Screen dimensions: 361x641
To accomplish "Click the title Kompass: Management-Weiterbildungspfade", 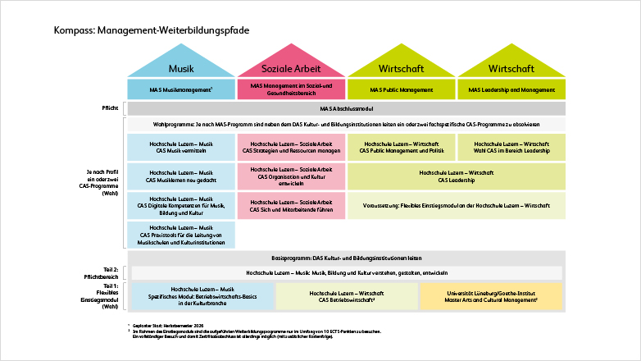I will point(152,30).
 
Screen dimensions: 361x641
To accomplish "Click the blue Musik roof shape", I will point(181,66).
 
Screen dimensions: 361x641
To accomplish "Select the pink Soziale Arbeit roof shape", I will point(291,66).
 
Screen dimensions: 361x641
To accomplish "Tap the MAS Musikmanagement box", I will point(181,89).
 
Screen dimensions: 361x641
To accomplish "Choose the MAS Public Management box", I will point(401,89).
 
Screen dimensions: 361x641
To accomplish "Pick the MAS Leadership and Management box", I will point(511,89).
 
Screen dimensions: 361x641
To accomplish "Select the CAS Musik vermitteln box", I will point(181,147).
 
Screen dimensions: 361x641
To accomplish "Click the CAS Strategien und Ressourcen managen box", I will point(291,147).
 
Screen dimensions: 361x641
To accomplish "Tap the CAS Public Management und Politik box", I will point(401,147).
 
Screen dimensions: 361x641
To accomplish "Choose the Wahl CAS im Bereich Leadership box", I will point(511,147).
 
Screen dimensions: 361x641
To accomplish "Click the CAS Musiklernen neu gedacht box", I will point(181,176).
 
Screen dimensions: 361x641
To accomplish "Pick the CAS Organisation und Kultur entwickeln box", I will point(291,176).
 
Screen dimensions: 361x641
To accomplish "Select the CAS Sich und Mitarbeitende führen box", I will point(291,205).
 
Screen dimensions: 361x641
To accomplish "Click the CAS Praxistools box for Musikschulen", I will point(181,235).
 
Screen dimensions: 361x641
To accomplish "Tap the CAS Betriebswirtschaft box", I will point(347,296).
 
